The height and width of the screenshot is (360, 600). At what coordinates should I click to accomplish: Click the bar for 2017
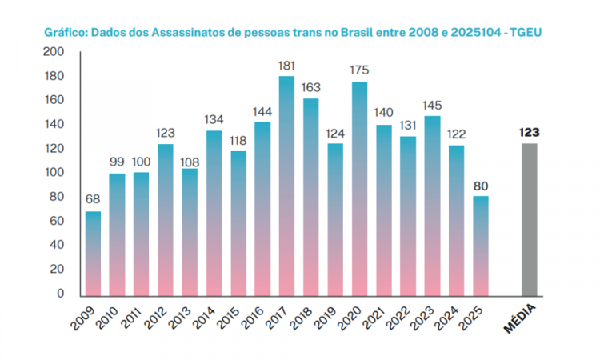pyautogui.click(x=286, y=186)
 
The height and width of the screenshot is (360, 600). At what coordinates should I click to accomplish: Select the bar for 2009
pyautogui.click(x=93, y=253)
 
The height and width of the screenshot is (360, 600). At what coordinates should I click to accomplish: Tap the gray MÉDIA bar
pyautogui.click(x=529, y=219)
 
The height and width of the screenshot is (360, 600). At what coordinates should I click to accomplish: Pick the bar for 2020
pyautogui.click(x=359, y=188)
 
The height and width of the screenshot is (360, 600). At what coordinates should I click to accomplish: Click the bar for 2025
pyautogui.click(x=480, y=245)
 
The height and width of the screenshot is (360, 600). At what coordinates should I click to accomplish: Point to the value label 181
pyautogui.click(x=286, y=65)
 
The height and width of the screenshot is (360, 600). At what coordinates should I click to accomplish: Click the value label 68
pyautogui.click(x=93, y=199)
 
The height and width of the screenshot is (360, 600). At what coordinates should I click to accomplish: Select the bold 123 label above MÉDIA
pyautogui.click(x=529, y=132)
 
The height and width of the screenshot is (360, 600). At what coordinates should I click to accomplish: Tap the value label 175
pyautogui.click(x=359, y=70)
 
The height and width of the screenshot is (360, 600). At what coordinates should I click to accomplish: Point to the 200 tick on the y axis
pyautogui.click(x=54, y=53)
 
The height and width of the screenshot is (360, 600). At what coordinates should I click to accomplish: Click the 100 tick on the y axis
pyautogui.click(x=54, y=173)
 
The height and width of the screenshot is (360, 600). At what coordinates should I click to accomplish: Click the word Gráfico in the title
pyautogui.click(x=65, y=33)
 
